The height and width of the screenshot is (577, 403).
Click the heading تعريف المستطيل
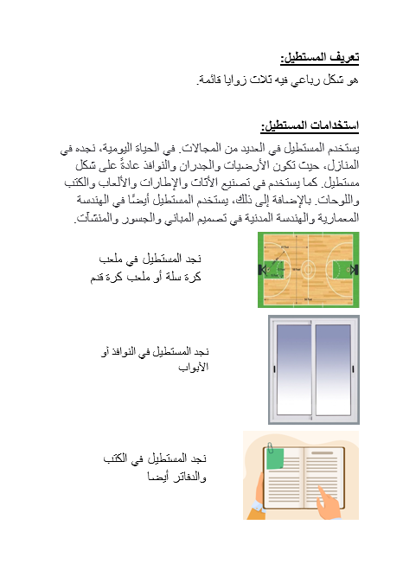click(x=321, y=57)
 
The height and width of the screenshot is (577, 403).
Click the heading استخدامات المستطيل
click(x=310, y=126)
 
